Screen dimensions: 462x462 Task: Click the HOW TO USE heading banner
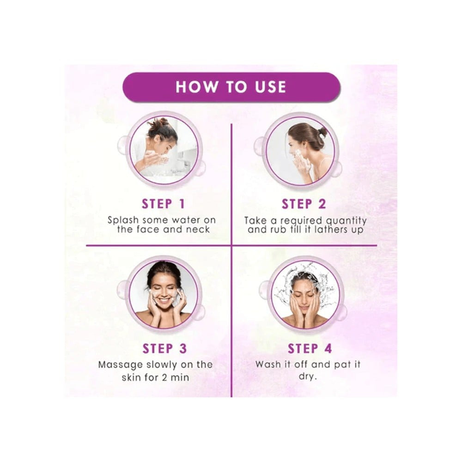[x=231, y=87]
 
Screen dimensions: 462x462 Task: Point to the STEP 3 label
[x=164, y=348]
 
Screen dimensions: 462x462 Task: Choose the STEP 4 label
[x=310, y=348]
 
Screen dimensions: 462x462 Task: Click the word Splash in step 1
[x=122, y=220]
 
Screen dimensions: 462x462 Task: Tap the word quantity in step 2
[x=346, y=220]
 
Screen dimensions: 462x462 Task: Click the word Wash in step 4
[x=268, y=364]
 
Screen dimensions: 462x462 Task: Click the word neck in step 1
[x=200, y=230]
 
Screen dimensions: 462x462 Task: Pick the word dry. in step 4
[x=307, y=377]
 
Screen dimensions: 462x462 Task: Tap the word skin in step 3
[x=132, y=377]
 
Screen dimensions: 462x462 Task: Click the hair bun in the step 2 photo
[x=322, y=132]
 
